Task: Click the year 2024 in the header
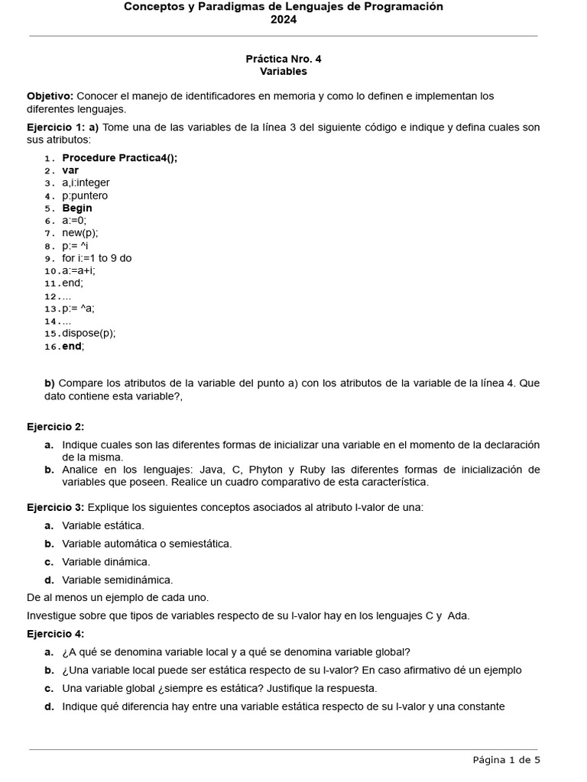[283, 20]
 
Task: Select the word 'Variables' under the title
[283, 71]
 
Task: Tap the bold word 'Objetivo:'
[50, 96]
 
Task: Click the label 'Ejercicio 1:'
[55, 127]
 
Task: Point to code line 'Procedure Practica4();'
[119, 158]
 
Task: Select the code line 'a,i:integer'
[86, 183]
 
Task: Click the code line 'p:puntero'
[85, 195]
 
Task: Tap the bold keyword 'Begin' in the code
[77, 208]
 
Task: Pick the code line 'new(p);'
[80, 233]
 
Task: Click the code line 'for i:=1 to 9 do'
[97, 258]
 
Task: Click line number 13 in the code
[51, 309]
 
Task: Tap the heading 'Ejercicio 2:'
[55, 427]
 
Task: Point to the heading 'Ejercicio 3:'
[55, 507]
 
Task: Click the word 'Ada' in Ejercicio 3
[458, 616]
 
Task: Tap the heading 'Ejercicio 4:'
[55, 634]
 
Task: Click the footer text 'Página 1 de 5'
[506, 759]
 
